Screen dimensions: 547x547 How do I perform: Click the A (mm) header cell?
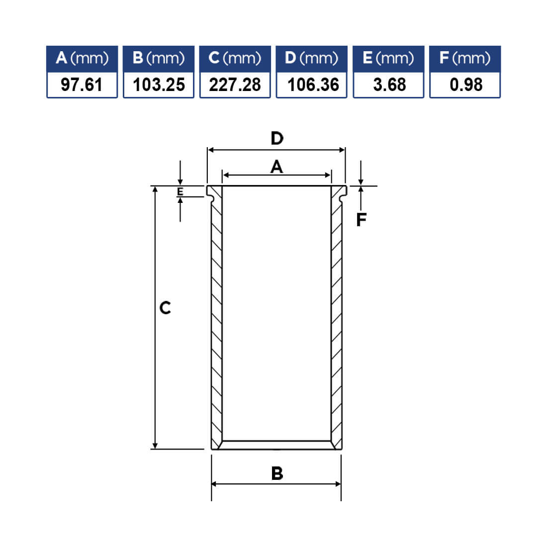pos(82,59)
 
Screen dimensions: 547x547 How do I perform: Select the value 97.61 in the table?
pos(82,85)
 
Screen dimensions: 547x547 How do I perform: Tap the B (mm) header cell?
pos(158,59)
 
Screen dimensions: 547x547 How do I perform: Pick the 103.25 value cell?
pos(158,85)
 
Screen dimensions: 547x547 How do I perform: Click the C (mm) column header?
pos(235,59)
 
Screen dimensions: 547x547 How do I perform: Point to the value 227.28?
pos(235,85)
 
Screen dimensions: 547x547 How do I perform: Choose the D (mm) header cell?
pos(311,59)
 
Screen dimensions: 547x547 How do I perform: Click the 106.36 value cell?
pos(311,85)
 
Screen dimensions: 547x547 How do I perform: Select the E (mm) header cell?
pos(388,59)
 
